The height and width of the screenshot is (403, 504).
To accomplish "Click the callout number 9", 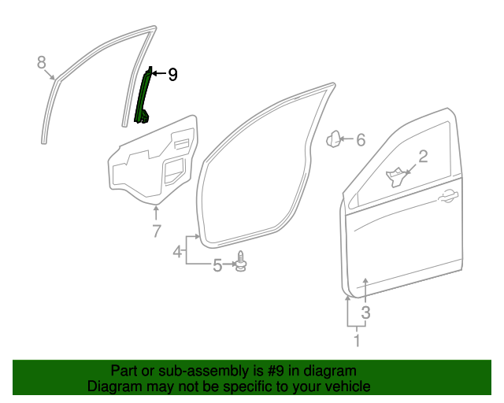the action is click(x=172, y=75).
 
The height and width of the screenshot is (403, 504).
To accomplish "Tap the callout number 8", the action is click(x=43, y=63).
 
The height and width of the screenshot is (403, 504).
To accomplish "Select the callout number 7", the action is click(x=156, y=231).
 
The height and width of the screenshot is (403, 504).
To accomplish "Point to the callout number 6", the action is click(x=361, y=140).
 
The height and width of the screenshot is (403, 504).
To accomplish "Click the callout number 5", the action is click(x=217, y=266).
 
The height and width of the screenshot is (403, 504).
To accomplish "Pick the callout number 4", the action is click(x=178, y=251).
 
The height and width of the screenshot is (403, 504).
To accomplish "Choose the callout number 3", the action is click(x=365, y=312).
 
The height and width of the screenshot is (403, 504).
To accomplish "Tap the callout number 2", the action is click(x=423, y=157).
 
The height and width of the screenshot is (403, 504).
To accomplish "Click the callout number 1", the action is click(x=357, y=341).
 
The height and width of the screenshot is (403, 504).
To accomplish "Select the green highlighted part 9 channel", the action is click(x=143, y=98).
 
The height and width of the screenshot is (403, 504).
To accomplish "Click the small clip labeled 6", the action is click(x=334, y=139).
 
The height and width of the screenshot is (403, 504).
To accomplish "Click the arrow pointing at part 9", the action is click(x=156, y=74).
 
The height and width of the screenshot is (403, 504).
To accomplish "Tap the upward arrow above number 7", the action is click(x=156, y=211).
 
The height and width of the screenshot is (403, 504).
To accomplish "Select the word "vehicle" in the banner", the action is click(x=346, y=386).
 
